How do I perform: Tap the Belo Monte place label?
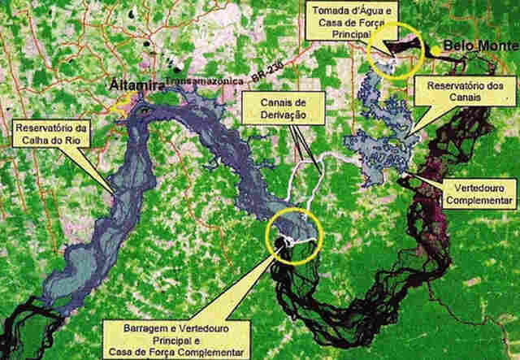point(474,46)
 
